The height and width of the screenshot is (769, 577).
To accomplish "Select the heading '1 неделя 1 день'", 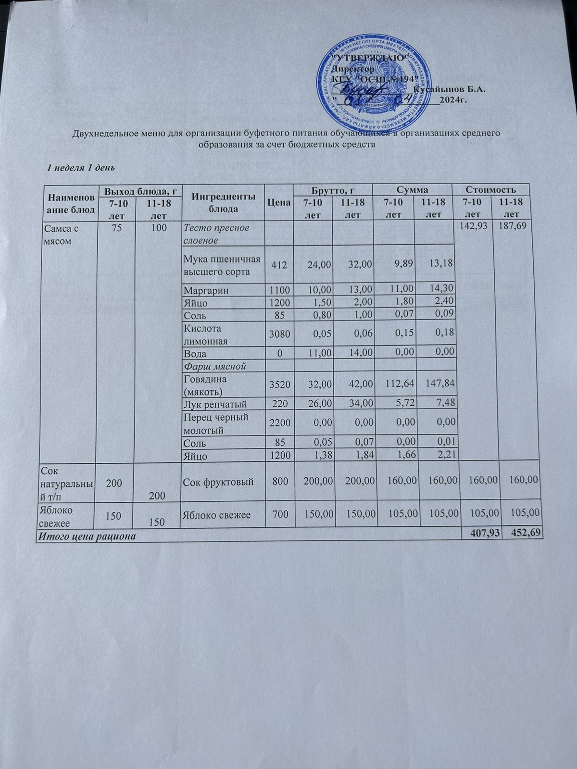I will point(80,168).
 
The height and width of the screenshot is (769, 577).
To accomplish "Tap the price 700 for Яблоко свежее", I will point(278,515).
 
